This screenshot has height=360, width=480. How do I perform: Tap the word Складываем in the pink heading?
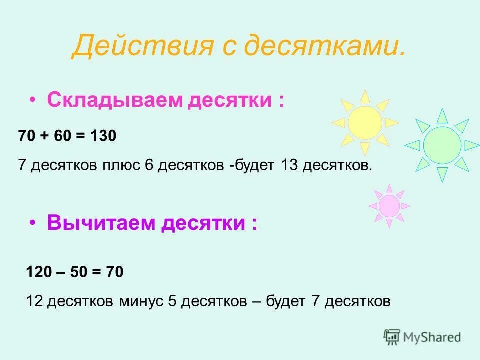pos(115,100)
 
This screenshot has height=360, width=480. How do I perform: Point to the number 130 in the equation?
pos(103,136)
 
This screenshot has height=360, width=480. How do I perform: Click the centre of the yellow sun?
pos(365,122)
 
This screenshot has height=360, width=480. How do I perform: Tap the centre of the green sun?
pos(442,145)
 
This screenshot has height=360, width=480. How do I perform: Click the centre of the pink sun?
pos(389,206)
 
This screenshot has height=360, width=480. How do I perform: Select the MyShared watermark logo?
pos(422,337)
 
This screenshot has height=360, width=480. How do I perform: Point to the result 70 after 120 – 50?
pos(114,272)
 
